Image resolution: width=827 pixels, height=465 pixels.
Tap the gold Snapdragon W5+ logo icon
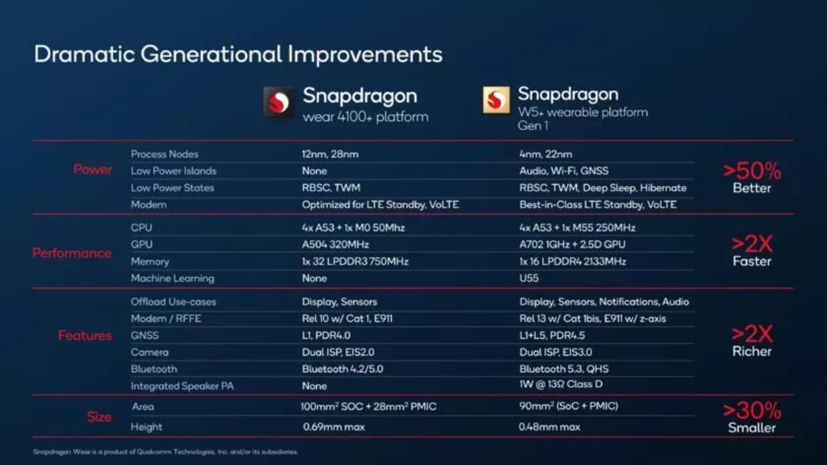[x=496, y=100]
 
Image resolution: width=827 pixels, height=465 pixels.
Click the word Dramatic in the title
[x=84, y=55]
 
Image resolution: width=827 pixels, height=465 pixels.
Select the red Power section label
[x=93, y=169]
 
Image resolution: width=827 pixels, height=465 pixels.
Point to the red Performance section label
[x=72, y=253]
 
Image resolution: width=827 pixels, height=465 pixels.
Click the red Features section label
[x=85, y=335]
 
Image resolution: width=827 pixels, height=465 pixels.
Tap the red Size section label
[x=99, y=417]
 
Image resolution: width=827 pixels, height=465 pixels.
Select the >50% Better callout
[x=752, y=177]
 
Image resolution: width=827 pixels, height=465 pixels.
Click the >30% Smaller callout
[x=752, y=417]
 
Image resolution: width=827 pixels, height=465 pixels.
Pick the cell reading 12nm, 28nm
[x=330, y=154]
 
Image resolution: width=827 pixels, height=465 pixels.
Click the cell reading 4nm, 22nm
[x=545, y=154]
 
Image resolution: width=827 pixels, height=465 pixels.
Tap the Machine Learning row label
[x=172, y=278]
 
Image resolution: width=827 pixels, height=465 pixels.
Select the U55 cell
[x=529, y=278]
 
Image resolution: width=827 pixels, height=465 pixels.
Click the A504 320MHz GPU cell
[x=335, y=245]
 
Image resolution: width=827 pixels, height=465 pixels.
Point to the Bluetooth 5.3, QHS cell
[x=564, y=369]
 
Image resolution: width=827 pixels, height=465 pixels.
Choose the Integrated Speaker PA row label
[x=182, y=386]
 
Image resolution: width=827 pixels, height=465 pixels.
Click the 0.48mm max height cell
[x=549, y=427]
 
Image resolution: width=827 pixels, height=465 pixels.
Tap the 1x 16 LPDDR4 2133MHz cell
[x=572, y=262]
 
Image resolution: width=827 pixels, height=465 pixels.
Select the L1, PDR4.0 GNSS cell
[x=326, y=335]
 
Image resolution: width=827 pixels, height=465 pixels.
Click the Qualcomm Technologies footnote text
[x=165, y=452]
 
